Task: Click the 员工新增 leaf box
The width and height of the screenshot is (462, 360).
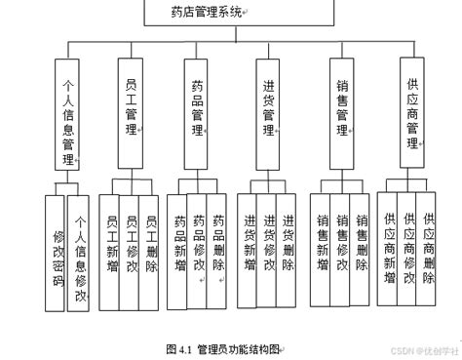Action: [112, 244]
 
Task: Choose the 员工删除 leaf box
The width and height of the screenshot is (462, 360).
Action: [149, 244]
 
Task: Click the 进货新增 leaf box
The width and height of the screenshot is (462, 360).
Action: [250, 244]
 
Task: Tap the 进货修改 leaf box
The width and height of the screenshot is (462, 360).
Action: [268, 244]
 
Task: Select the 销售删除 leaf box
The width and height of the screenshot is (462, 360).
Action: [361, 244]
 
